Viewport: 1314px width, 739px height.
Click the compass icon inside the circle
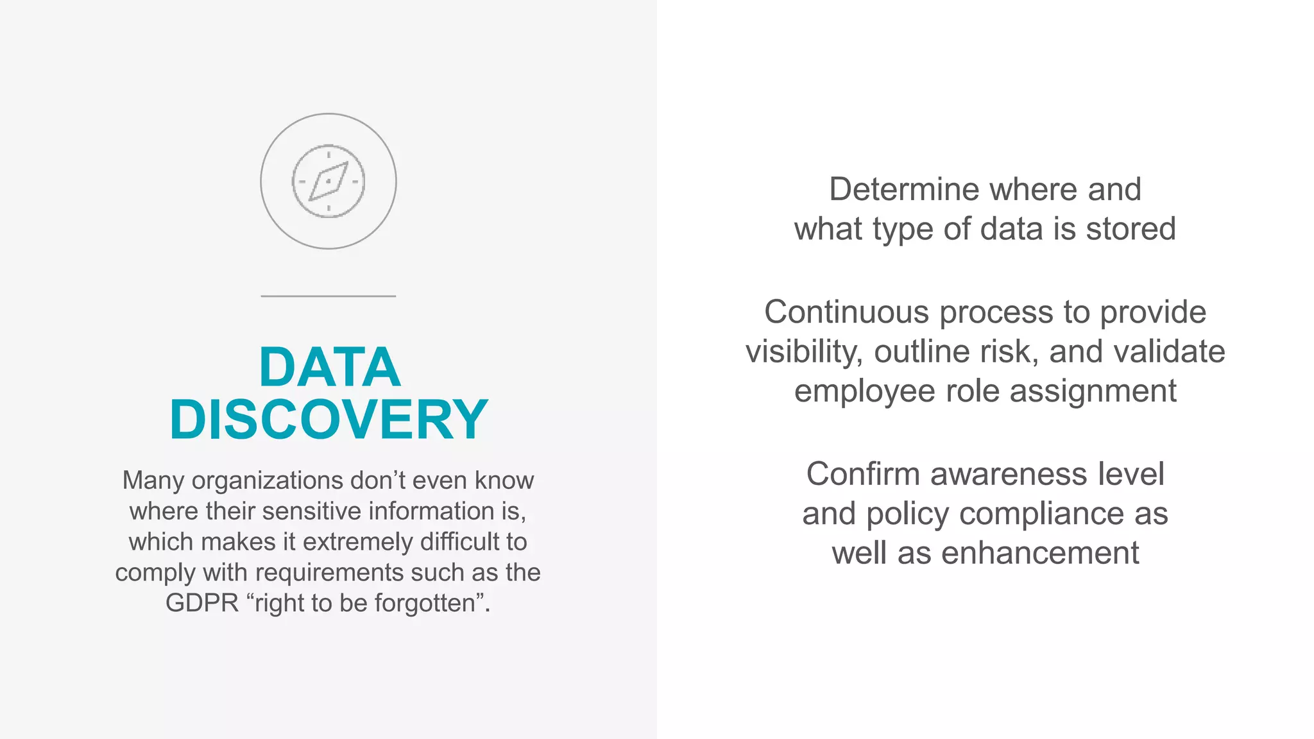328,182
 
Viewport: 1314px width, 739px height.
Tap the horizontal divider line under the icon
328,296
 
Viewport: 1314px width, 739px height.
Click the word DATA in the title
330,367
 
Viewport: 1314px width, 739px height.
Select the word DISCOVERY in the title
328,420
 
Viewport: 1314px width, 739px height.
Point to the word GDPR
201,603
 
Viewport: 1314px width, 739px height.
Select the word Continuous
846,312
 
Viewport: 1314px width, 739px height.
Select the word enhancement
1039,553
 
